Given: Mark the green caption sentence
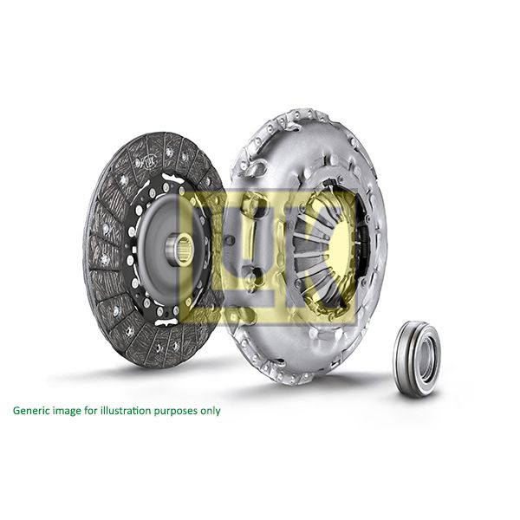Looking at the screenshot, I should coord(116,410).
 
